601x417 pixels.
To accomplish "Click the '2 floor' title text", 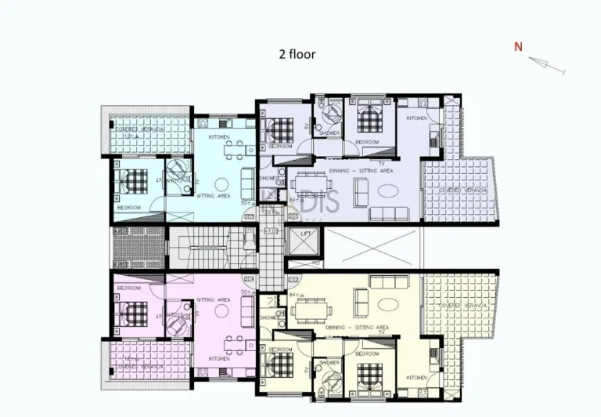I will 297,54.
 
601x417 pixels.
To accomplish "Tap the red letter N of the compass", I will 518,47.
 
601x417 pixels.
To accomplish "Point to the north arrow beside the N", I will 548,66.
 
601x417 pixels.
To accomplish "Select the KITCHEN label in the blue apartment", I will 220,137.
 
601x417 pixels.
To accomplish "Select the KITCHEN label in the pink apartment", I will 219,359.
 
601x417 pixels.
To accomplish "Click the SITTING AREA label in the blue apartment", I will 213,196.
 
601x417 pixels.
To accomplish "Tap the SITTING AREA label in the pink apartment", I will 213,299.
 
